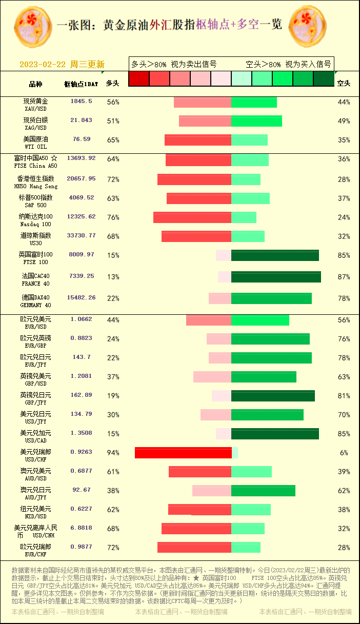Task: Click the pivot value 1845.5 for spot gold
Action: click(x=81, y=102)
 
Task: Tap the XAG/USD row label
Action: click(x=35, y=124)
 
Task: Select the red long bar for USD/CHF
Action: click(x=183, y=453)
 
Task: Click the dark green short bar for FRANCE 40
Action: click(x=276, y=277)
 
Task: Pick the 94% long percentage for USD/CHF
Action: click(x=113, y=453)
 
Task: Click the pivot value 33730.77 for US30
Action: click(x=81, y=235)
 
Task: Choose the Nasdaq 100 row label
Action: click(x=35, y=220)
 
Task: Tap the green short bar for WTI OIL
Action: click(x=249, y=140)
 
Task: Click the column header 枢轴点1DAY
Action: click(x=81, y=84)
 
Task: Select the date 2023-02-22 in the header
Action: click(x=43, y=65)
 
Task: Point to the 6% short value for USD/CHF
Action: click(x=344, y=453)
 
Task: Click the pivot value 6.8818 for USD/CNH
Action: click(x=81, y=528)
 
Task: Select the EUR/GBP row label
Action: click(x=35, y=342)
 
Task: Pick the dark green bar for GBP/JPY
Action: click(x=273, y=396)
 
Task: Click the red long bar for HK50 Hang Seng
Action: click(x=194, y=179)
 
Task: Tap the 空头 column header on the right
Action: click(x=344, y=83)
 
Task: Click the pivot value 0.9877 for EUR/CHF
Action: click(x=81, y=547)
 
